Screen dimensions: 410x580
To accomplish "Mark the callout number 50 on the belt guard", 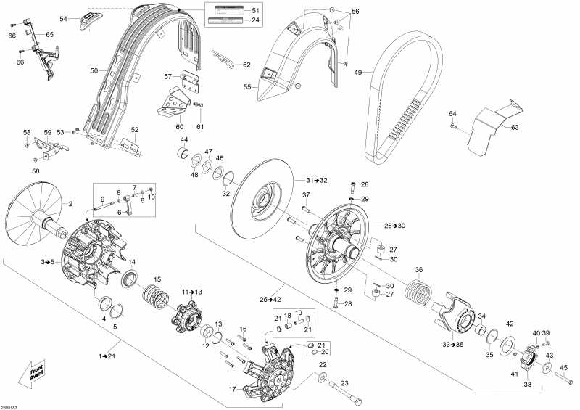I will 94,70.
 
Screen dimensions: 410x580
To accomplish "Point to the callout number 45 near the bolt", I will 564,367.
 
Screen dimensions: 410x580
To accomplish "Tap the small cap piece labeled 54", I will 89,19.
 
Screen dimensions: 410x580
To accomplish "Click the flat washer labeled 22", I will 320,377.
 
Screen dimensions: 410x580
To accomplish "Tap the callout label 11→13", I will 192,292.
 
